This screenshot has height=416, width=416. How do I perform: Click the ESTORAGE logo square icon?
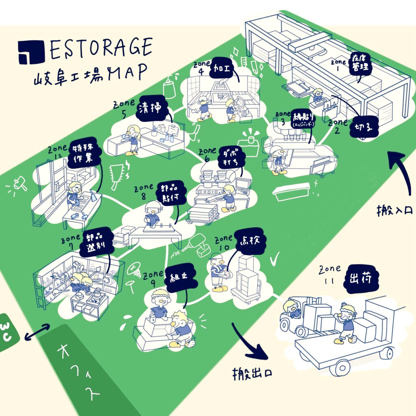pyautogui.click(x=31, y=52)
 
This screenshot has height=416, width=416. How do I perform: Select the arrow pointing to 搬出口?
pyautogui.click(x=250, y=343)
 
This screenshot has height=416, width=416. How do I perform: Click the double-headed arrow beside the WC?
pyautogui.click(x=37, y=331)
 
